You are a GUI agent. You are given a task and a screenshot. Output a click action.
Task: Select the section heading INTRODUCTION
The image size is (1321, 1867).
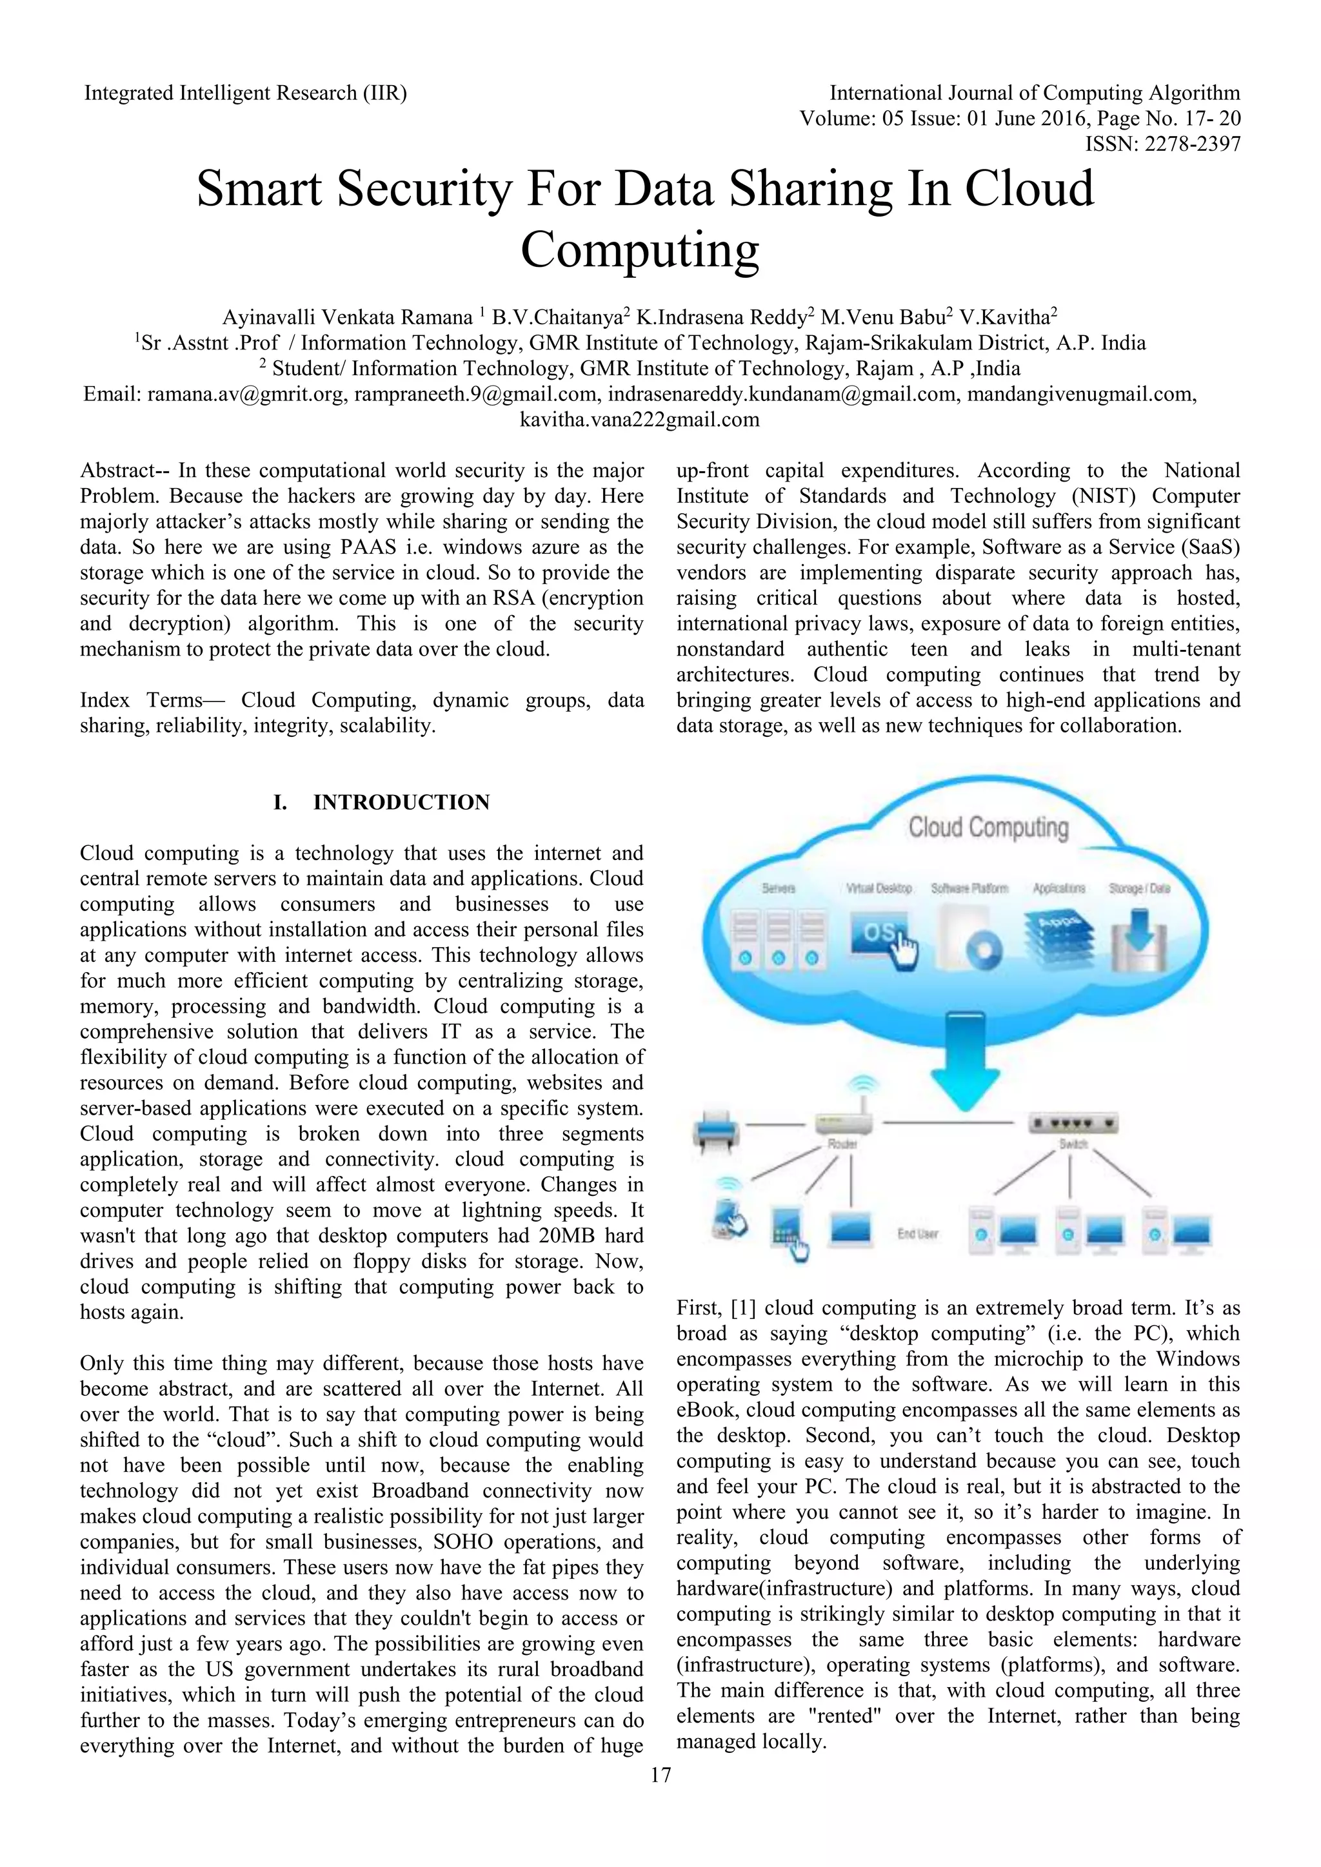pos(401,803)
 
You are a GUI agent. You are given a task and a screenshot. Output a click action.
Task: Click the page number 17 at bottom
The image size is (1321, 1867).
pos(660,1774)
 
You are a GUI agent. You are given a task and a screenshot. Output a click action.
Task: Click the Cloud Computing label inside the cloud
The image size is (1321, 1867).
pos(988,828)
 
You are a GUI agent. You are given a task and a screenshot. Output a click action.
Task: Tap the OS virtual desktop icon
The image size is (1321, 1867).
pos(882,937)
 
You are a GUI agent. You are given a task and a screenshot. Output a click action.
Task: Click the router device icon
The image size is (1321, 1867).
pos(844,1124)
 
